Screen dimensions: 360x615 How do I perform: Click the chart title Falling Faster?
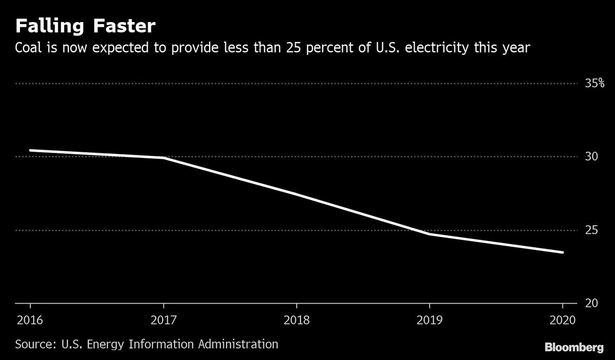[x=85, y=26]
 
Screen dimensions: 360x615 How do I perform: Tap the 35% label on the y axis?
[x=594, y=83]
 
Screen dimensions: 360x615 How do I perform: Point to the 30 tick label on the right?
[x=591, y=156]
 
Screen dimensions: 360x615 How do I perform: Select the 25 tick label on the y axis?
[x=591, y=230]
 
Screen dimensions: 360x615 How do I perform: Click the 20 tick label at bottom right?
[x=591, y=303]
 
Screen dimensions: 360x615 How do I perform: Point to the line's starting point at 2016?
[x=30, y=150]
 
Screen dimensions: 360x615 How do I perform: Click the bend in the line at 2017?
[x=163, y=158]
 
